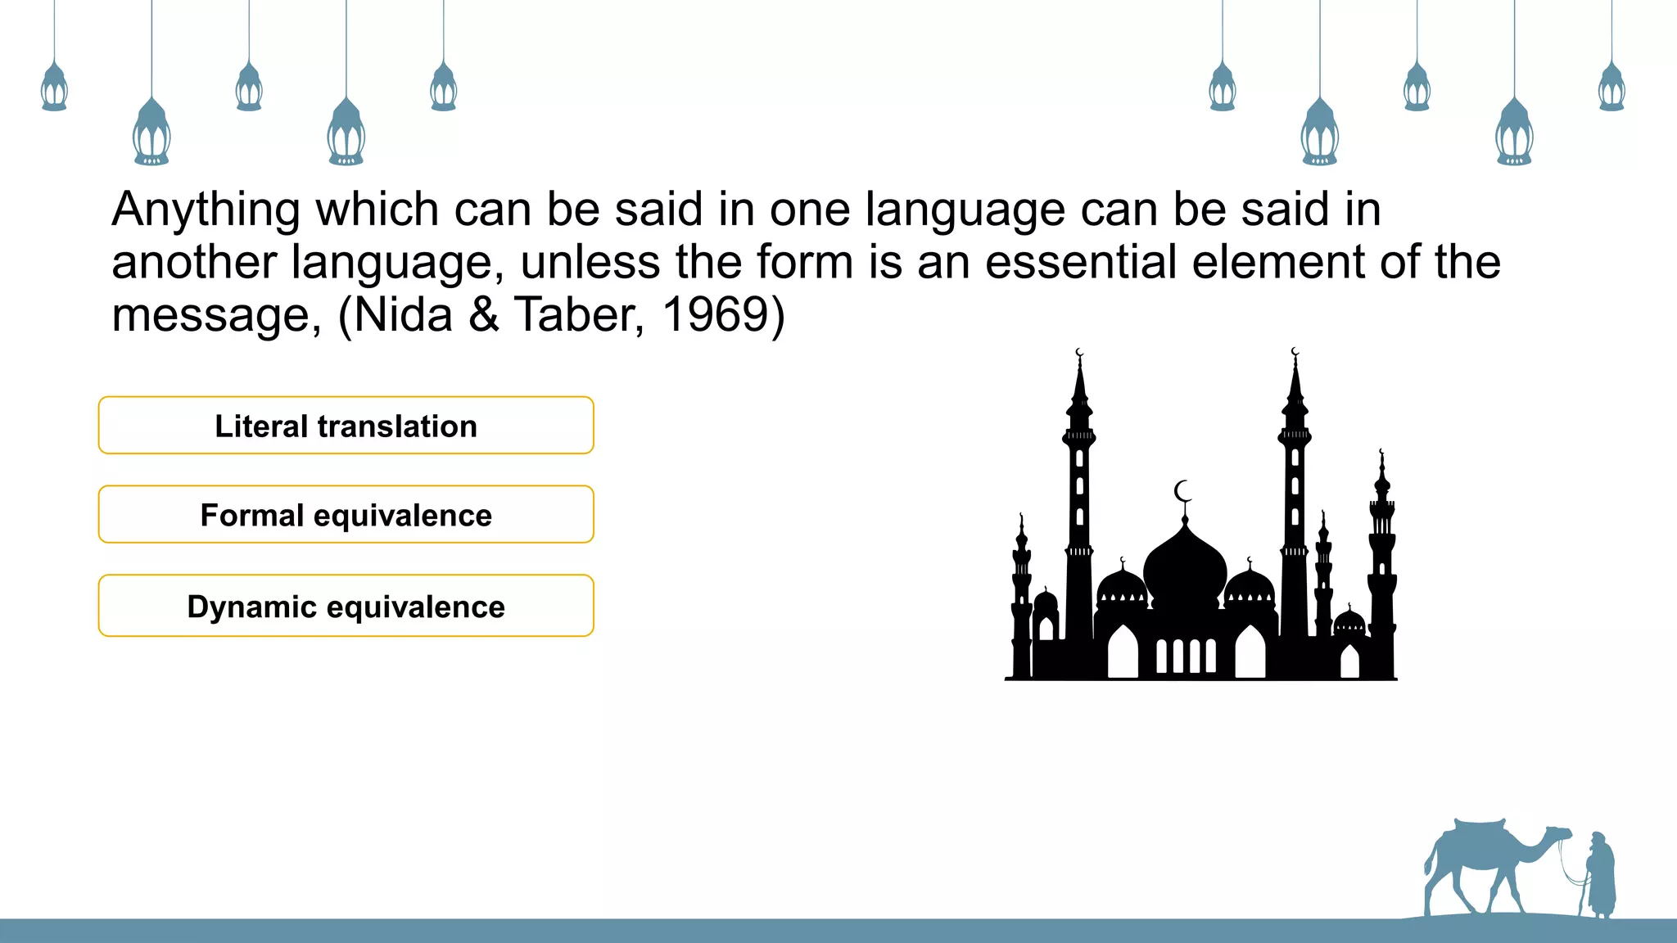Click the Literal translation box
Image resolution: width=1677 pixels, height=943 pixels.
pos(346,426)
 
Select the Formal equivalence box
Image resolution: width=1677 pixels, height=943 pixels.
pos(346,515)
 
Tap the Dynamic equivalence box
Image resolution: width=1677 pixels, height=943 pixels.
pos(346,606)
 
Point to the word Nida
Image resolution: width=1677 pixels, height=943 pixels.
pos(404,314)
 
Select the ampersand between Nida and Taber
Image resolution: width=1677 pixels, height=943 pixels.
pos(484,314)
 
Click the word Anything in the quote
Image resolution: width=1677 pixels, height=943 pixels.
pos(206,210)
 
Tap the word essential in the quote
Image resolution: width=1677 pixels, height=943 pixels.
pos(1081,262)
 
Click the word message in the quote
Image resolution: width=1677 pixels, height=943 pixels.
pos(212,316)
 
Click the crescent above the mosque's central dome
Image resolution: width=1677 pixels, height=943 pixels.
pos(1182,491)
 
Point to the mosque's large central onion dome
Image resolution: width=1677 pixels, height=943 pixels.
pos(1185,565)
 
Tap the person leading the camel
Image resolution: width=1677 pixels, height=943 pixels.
pos(1599,876)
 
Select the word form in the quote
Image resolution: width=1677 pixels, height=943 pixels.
pos(803,262)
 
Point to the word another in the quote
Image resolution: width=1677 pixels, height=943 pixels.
pos(194,262)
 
